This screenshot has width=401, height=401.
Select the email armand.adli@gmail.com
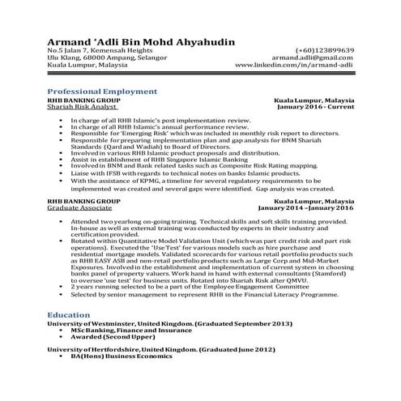click(313, 58)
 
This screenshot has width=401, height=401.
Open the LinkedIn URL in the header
click(294, 65)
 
